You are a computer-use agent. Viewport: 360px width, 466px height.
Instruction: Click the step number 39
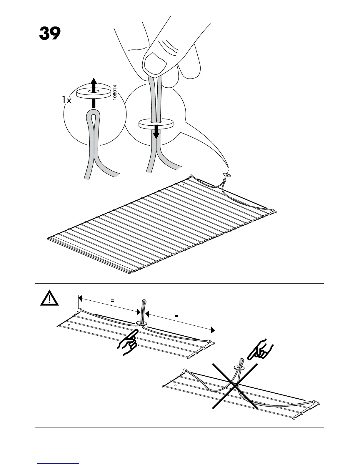[x=50, y=34]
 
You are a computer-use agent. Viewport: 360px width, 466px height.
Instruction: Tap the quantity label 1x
[x=67, y=100]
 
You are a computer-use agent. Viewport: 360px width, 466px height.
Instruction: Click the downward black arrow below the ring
[x=156, y=132]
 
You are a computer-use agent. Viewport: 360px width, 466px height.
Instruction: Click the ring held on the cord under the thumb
[x=156, y=124]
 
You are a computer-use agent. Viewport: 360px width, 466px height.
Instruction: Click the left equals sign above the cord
[x=112, y=301]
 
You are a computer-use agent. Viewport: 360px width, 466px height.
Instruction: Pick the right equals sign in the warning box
[x=176, y=316]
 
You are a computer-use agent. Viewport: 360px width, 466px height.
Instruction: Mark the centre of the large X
[x=235, y=385]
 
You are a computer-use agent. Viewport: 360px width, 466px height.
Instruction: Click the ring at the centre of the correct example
[x=141, y=323]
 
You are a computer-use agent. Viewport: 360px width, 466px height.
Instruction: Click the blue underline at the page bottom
[x=58, y=464]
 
